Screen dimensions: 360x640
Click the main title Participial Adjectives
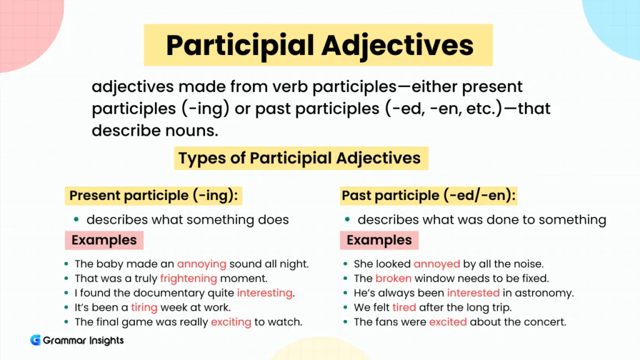(319, 45)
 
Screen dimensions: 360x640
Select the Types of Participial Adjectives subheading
(300, 158)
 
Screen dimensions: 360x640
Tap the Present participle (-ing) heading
(153, 196)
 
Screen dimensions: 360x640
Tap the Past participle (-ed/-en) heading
(429, 196)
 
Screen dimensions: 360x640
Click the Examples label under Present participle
(104, 240)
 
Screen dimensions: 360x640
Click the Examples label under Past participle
(379, 240)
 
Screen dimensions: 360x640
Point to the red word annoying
(202, 264)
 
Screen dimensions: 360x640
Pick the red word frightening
(188, 278)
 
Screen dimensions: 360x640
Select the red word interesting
(264, 292)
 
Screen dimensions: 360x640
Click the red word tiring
(144, 307)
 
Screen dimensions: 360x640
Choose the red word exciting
(231, 322)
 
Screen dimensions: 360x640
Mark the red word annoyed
(436, 264)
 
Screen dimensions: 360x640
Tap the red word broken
(393, 278)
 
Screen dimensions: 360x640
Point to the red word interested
(473, 292)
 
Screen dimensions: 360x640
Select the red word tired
(404, 307)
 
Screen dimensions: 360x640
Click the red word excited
(447, 322)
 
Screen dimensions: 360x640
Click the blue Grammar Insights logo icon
(36, 341)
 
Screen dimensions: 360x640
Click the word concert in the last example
(546, 322)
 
